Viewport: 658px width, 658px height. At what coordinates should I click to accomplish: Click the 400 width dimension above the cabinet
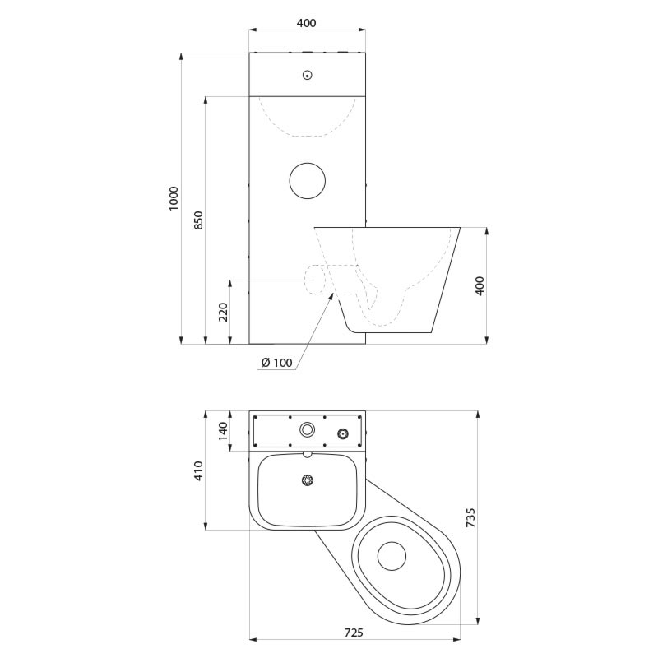tap(306, 23)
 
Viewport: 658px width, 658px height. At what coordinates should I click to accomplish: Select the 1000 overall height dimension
tap(174, 198)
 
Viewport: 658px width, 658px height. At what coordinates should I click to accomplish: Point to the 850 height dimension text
tap(198, 220)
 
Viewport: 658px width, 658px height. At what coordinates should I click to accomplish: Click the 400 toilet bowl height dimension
tap(480, 285)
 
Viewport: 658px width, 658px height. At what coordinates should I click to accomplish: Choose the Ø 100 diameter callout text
tap(276, 364)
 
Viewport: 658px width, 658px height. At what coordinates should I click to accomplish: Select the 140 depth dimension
tap(222, 431)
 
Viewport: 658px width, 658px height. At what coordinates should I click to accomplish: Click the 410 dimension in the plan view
tap(198, 470)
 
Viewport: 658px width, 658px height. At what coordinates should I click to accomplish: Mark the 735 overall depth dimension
tap(470, 517)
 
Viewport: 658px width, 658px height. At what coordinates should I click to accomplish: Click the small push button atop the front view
tap(307, 76)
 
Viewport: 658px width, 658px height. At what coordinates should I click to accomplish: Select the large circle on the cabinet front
tap(308, 179)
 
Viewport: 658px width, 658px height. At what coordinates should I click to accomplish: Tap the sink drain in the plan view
tap(308, 481)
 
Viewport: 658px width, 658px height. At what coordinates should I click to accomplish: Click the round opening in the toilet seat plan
tap(392, 556)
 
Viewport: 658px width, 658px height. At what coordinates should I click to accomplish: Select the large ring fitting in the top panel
tap(308, 429)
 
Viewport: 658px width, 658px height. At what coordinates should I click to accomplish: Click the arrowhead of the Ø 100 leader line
tap(331, 295)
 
